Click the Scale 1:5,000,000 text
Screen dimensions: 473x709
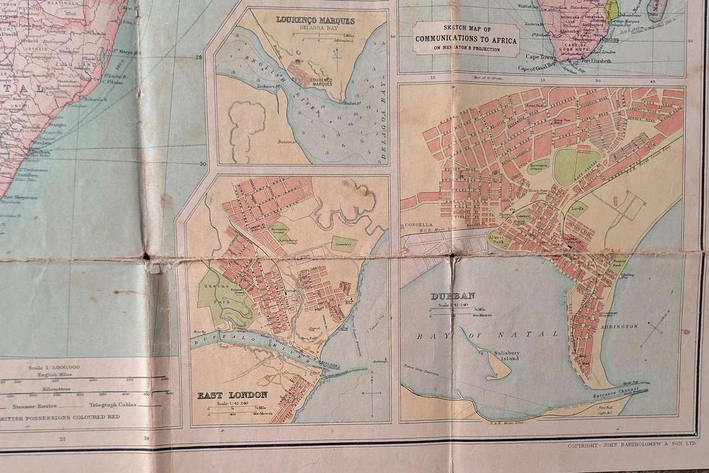click(x=54, y=367)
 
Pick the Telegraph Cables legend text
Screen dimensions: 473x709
click(x=113, y=405)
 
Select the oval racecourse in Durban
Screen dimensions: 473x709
click(x=577, y=165)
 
